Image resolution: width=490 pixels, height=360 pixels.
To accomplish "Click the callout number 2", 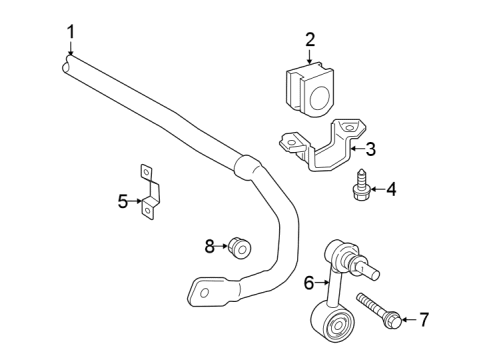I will (310, 40).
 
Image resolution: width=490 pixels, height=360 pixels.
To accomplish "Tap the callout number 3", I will (370, 150).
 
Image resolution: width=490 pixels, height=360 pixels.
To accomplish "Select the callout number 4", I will (391, 188).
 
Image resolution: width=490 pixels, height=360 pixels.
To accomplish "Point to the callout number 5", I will (123, 201).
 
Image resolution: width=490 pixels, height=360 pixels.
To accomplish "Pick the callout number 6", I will (310, 283).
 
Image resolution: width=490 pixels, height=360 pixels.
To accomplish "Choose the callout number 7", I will (423, 320).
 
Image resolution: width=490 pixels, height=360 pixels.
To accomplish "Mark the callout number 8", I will (210, 245).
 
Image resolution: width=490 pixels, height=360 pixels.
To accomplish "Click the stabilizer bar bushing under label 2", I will (310, 87).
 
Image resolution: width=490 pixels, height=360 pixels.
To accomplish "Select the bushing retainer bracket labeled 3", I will (321, 147).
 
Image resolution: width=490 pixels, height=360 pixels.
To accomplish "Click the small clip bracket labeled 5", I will (150, 190).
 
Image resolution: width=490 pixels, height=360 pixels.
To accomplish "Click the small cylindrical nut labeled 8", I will (238, 246).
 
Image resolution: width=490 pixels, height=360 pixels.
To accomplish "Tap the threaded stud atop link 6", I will (369, 268).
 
